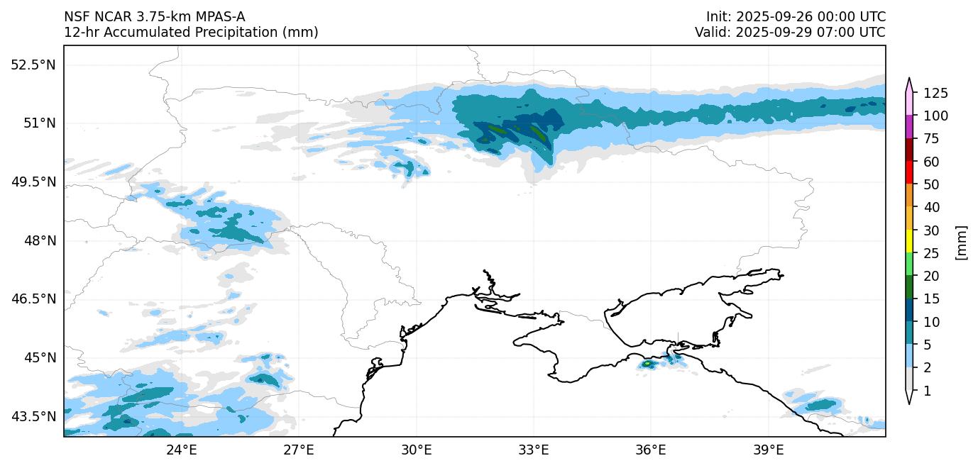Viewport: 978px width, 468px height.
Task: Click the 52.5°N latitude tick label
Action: point(33,65)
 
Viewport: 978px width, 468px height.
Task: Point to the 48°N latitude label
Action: point(39,241)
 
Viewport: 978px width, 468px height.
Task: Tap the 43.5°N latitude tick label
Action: point(33,416)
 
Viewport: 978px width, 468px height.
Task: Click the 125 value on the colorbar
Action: point(935,93)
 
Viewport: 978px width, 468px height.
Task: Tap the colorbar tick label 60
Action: point(931,162)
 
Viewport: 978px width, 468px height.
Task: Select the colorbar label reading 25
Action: point(931,253)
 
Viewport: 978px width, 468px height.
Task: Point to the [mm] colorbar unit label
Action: point(962,242)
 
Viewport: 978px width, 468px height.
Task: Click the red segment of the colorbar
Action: point(909,173)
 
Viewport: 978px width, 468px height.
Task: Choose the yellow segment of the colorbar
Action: point(909,242)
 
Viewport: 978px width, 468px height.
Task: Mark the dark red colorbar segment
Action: point(909,150)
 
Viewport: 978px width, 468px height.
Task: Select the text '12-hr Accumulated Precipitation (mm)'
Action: point(191,32)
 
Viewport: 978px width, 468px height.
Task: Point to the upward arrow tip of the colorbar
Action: point(909,80)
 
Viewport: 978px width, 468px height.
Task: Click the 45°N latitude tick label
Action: point(39,357)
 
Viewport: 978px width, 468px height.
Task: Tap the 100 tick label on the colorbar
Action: point(935,116)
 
